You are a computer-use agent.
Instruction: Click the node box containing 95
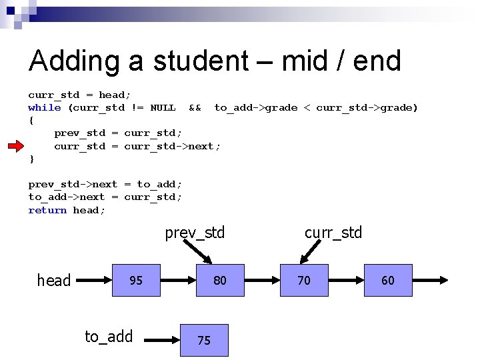136,280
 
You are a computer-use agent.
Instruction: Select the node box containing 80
219,280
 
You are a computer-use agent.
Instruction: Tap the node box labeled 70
304,280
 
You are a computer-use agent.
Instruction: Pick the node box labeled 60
388,280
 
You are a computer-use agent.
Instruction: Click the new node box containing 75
204,340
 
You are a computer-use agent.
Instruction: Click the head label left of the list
54,281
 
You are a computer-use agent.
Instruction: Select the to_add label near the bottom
109,337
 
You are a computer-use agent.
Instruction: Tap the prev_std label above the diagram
195,233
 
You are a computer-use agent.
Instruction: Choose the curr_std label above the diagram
333,233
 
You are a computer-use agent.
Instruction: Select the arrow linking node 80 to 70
261,281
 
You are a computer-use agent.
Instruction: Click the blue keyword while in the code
45,108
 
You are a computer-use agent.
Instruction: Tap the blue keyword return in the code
47,211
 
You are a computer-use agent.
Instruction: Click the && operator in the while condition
195,108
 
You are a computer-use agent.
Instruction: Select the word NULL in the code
163,108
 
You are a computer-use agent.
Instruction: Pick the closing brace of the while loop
31,159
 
